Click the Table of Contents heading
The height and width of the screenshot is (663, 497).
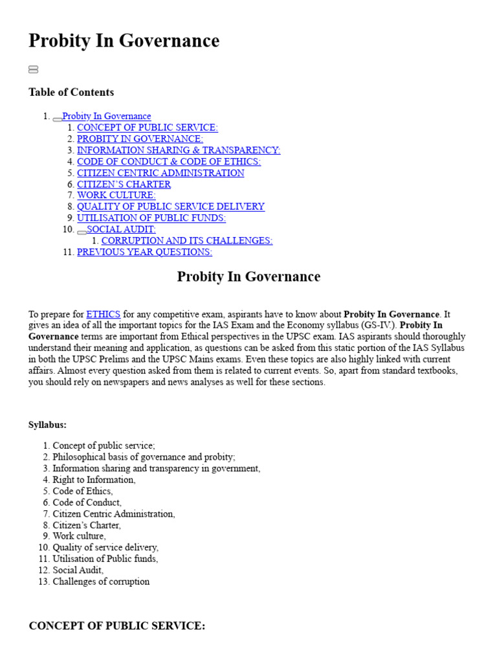click(71, 93)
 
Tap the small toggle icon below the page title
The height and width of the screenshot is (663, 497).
click(33, 69)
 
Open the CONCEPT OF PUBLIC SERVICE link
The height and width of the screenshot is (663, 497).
click(147, 128)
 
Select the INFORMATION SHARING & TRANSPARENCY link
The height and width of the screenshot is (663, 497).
click(178, 150)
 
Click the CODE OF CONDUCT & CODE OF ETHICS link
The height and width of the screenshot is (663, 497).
click(168, 161)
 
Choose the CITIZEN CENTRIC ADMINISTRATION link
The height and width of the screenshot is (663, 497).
click(160, 173)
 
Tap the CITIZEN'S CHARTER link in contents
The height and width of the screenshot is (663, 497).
click(124, 184)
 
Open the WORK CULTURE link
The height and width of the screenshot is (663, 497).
click(116, 195)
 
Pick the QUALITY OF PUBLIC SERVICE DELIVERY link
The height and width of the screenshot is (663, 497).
click(170, 207)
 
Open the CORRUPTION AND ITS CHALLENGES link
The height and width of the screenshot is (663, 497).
click(186, 240)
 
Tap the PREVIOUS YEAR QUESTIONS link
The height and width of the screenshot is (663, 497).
click(144, 252)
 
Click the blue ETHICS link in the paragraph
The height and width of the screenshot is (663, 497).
click(103, 314)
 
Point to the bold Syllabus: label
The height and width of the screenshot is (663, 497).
click(47, 425)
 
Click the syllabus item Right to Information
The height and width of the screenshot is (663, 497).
click(94, 480)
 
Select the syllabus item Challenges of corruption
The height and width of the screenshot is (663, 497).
click(101, 581)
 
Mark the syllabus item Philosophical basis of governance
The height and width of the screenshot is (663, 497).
click(144, 457)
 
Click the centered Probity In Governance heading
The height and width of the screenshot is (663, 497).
click(248, 276)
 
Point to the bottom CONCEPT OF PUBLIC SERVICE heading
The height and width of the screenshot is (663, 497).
click(117, 626)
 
